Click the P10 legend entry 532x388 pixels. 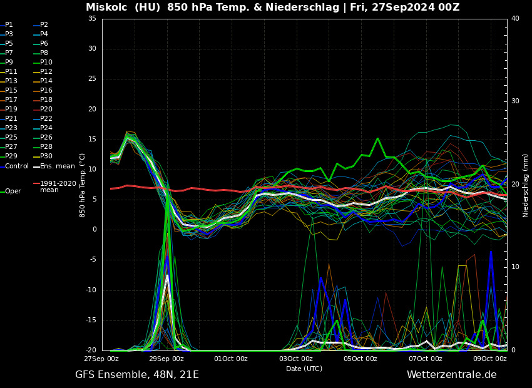tap(46, 63)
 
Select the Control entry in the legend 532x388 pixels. tap(17, 166)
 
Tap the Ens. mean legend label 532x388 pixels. tap(58, 166)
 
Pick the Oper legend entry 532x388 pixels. tap(13, 191)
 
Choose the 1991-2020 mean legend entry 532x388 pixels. tap(58, 186)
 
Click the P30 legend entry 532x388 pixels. tap(46, 156)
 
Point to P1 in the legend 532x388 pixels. tap(9, 25)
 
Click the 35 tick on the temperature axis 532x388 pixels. tap(92, 19)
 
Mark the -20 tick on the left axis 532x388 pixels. tap(91, 350)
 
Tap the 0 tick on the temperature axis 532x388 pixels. tap(95, 230)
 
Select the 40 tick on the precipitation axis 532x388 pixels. tap(515, 19)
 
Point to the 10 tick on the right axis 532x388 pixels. tap(515, 267)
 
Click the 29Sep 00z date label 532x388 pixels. tap(166, 359)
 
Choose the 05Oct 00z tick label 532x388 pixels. tap(361, 359)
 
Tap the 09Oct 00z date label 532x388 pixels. tap(489, 359)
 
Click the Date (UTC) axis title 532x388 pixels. tap(304, 369)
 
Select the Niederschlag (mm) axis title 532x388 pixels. tap(526, 185)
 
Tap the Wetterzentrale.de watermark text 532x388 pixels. tap(451, 375)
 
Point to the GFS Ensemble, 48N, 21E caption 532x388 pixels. tap(137, 375)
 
